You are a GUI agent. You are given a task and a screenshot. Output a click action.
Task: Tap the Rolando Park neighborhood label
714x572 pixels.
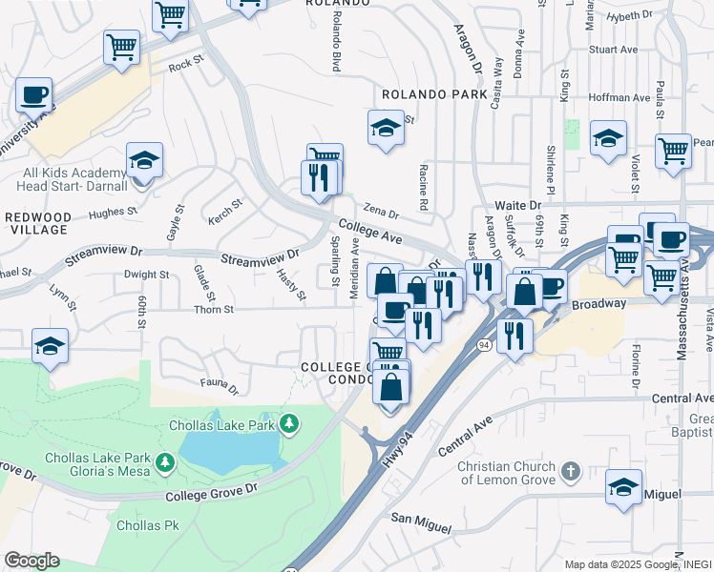point(434,95)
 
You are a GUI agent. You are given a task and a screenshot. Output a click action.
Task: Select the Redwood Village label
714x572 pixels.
point(36,223)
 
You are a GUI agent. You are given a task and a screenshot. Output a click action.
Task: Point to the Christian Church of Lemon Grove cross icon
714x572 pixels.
point(570,471)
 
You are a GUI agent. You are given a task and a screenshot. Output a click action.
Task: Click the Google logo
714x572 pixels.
point(31,561)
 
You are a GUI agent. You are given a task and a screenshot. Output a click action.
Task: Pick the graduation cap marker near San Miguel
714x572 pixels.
point(624,487)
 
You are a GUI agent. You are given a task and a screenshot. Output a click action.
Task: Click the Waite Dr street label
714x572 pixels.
point(517,205)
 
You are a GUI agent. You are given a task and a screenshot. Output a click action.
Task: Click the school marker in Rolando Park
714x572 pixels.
point(386,127)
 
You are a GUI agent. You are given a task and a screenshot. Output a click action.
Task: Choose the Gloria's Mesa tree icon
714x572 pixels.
point(166,462)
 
